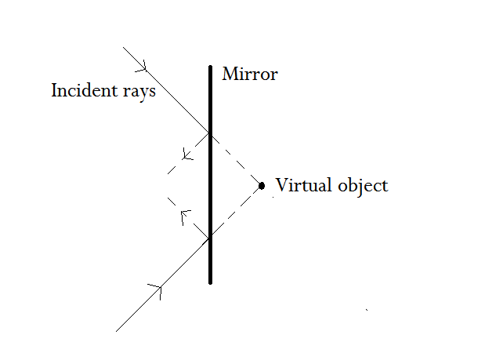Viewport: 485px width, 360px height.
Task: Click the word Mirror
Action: (250, 75)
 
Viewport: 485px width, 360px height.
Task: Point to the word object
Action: (360, 186)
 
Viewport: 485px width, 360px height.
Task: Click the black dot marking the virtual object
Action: (262, 186)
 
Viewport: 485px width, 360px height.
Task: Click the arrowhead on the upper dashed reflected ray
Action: (187, 153)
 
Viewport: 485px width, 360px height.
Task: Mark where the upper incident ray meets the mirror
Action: (210, 133)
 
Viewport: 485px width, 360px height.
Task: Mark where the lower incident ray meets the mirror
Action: (210, 238)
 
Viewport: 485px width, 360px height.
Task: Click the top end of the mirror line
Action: (210, 67)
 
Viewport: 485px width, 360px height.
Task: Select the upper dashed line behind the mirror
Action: (235, 159)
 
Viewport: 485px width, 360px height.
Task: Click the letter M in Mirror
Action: (229, 75)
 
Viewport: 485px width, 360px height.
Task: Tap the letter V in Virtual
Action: (281, 186)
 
